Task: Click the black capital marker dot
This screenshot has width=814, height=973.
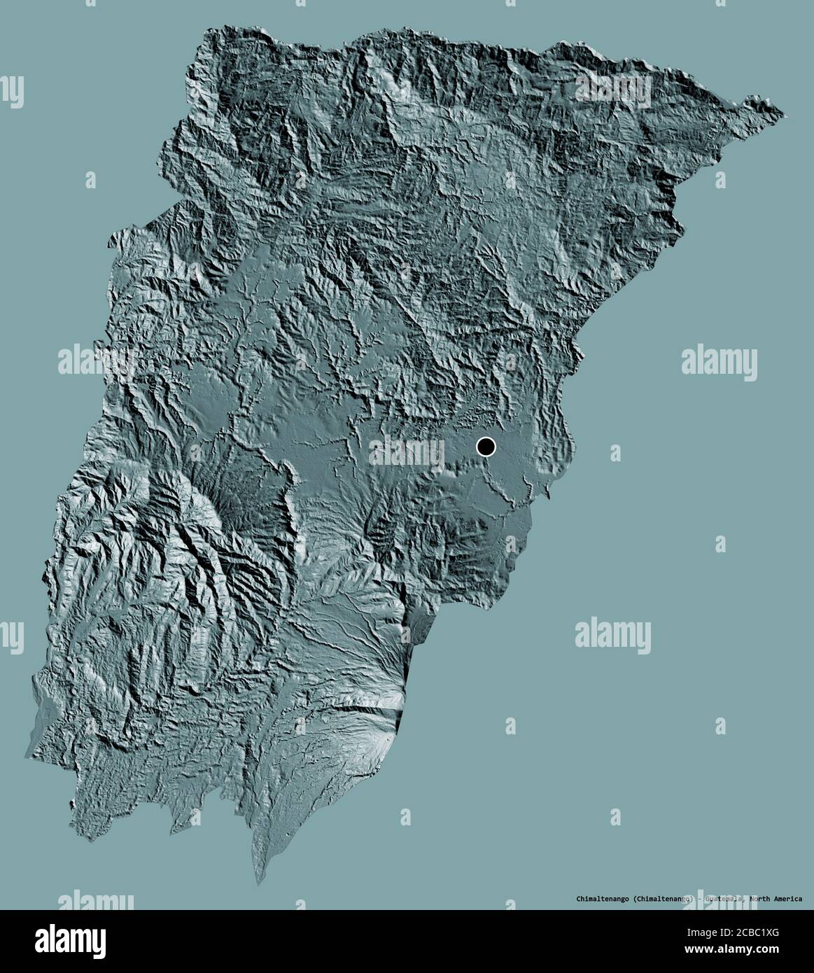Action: (486, 446)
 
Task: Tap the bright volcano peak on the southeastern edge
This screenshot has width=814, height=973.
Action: (398, 700)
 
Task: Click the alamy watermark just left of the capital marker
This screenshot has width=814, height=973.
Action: (407, 451)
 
